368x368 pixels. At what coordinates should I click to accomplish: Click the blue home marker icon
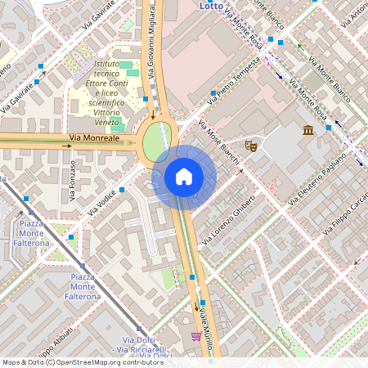tap(184, 177)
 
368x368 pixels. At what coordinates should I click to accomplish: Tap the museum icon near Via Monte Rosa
tap(308, 132)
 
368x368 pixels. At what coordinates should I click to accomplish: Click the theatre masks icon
tap(251, 146)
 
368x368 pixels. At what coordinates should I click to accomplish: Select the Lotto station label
tap(211, 5)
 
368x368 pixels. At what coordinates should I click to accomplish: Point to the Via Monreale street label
tap(95, 140)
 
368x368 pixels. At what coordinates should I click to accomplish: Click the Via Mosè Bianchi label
tap(220, 141)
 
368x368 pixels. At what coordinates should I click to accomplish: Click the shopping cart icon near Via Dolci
tap(195, 336)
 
